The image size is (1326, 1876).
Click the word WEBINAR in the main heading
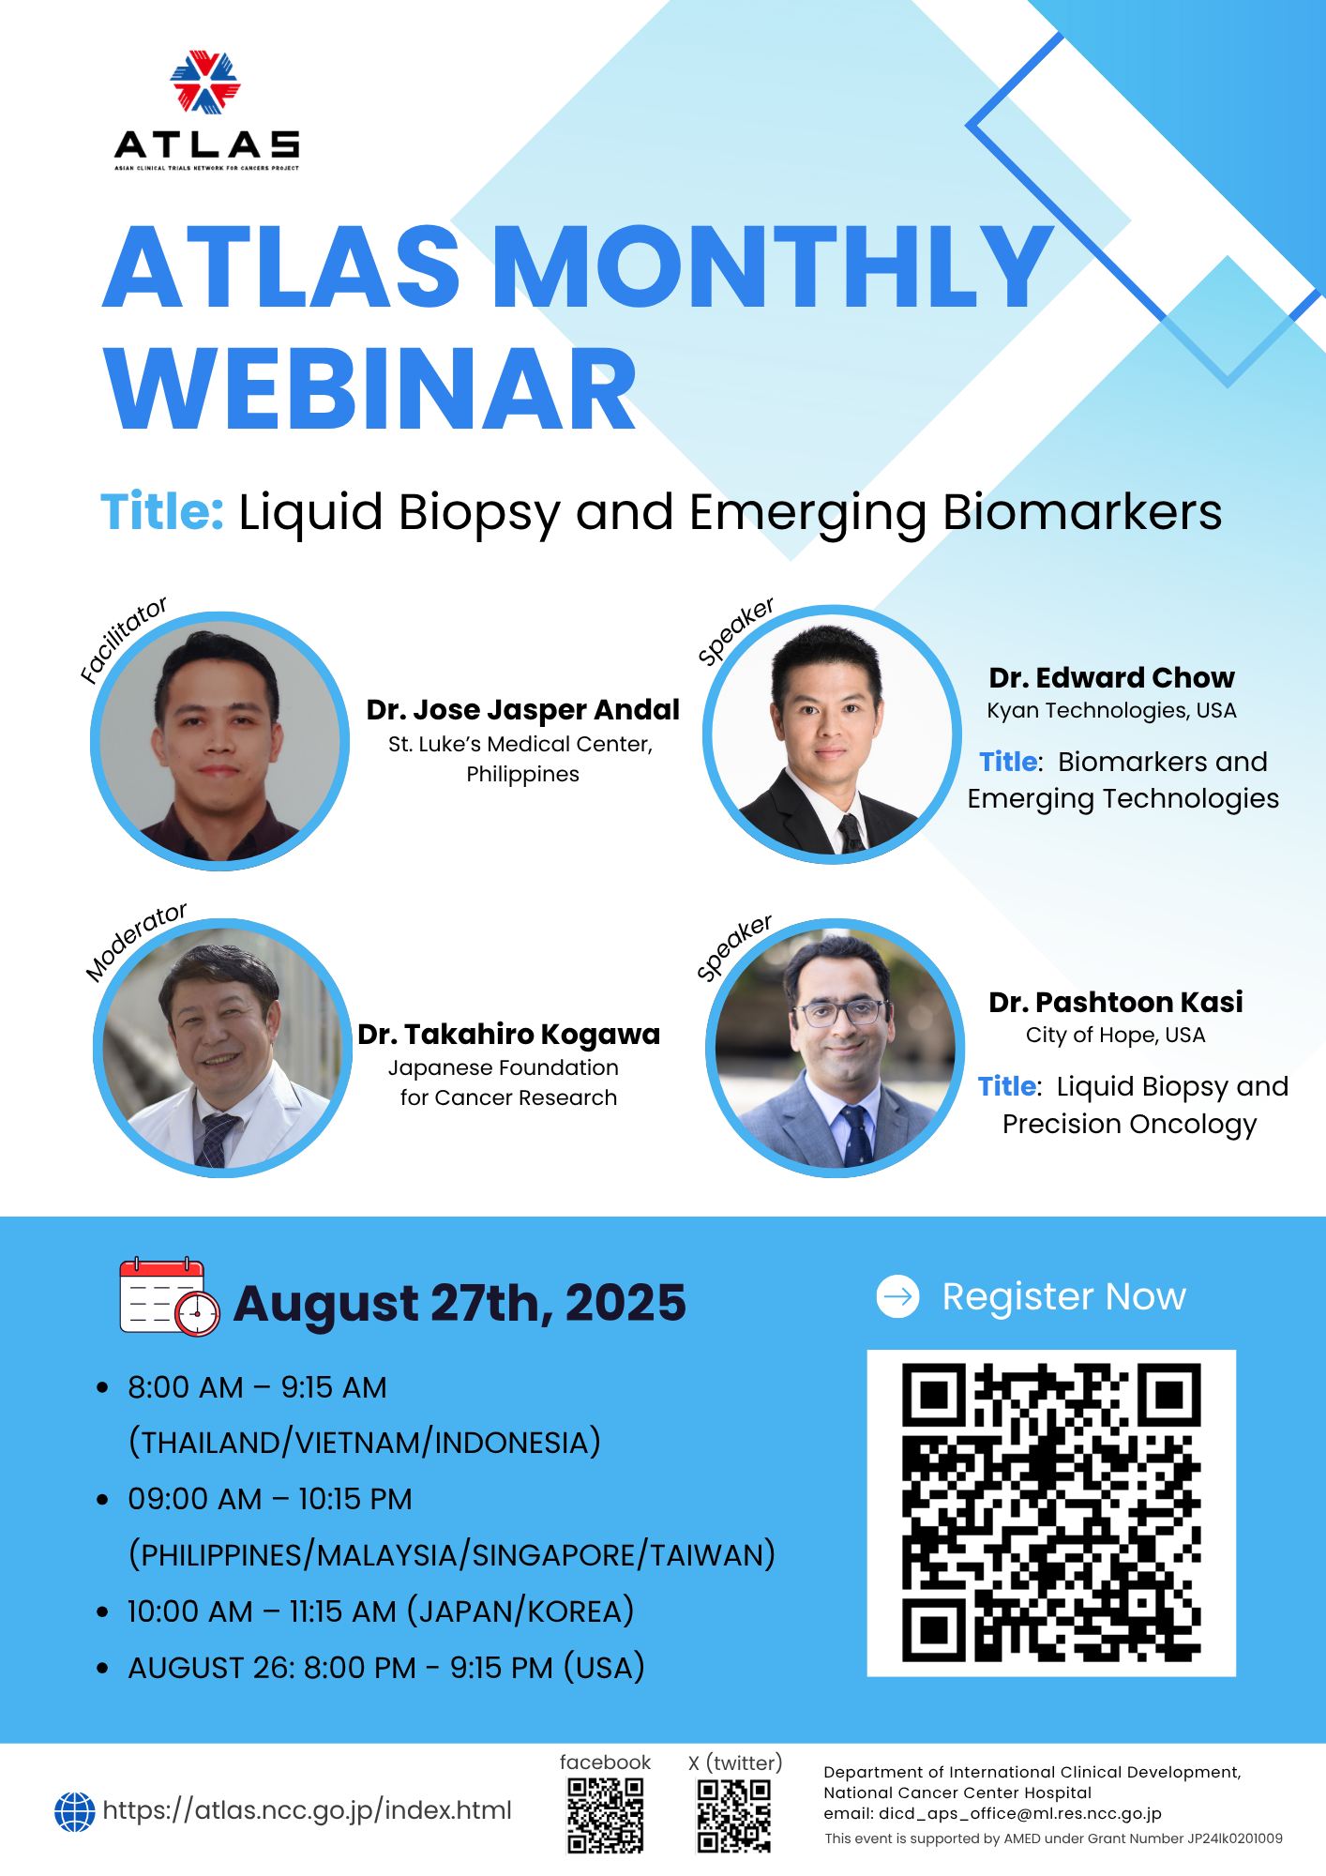370,389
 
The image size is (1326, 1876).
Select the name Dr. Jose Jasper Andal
522,710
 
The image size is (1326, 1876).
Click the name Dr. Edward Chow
1111,677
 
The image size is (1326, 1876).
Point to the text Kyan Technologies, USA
1111,710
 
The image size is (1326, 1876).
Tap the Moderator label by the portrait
136,941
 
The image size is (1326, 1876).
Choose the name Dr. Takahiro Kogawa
508,1035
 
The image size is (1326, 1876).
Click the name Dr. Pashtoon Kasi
1115,1002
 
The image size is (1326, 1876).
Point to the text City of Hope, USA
1115,1035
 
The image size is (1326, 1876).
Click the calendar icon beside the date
170,1296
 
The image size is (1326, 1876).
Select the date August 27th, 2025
460,1303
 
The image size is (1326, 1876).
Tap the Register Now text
1063,1296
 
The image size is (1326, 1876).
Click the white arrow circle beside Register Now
897,1296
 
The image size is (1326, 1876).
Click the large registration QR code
1051,1513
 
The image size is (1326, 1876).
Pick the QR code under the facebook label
606,1816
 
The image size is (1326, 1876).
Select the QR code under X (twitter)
734,1816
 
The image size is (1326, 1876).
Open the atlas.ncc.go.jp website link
307,1810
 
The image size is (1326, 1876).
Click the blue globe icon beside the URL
75,1812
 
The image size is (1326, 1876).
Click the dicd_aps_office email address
1020,1813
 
